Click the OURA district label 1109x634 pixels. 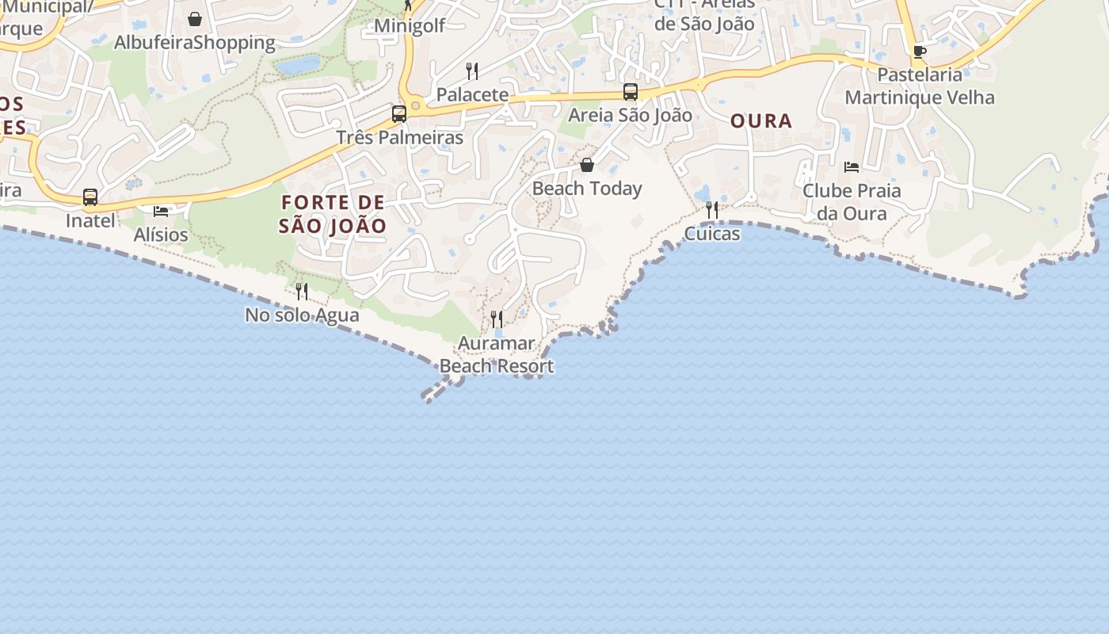(760, 120)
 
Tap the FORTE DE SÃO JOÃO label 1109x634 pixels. (333, 214)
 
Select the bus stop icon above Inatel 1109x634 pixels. (90, 197)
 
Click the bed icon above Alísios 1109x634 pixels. (161, 211)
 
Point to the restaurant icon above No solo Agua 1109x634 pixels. (302, 292)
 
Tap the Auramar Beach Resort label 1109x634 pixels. (497, 354)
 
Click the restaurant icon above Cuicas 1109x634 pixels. (712, 210)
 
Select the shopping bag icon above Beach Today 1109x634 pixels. (587, 165)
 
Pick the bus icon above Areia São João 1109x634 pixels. (631, 92)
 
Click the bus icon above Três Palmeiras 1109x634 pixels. (399, 113)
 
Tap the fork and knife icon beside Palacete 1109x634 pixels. (472, 71)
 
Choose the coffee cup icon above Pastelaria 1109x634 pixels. (920, 52)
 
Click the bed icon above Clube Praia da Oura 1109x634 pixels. (852, 167)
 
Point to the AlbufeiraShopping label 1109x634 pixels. (195, 42)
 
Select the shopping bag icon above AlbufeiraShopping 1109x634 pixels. (195, 18)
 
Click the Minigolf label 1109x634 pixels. (410, 25)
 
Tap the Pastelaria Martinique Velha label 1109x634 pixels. (920, 86)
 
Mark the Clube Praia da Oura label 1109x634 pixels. (852, 202)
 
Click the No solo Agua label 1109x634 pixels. (302, 315)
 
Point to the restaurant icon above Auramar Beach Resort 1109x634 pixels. (497, 319)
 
